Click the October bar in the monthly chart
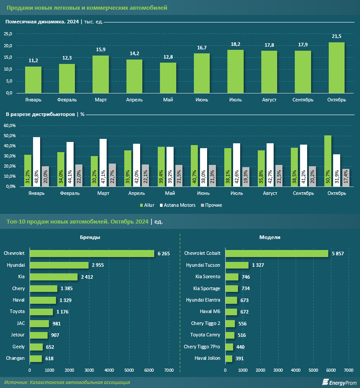337,68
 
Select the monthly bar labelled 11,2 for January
33,80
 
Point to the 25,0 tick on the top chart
8,34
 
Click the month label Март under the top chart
100,100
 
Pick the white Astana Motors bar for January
37,161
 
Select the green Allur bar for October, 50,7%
328,160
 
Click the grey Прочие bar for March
112,175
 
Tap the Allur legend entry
148,205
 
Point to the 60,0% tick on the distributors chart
9,126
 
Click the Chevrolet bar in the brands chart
92,254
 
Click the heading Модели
270,237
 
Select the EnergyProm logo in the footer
339,382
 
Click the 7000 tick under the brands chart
168,370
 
